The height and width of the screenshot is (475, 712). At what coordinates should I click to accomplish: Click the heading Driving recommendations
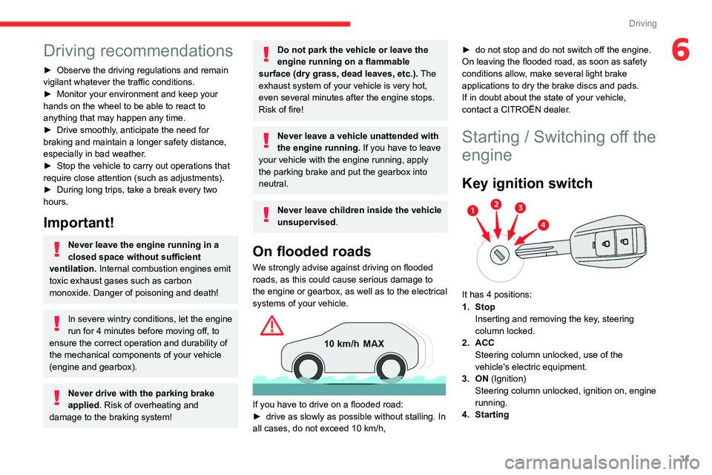pos(138,50)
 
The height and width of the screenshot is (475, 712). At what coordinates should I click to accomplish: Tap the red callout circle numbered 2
pos(496,204)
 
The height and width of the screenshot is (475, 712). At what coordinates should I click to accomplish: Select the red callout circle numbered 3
pos(521,209)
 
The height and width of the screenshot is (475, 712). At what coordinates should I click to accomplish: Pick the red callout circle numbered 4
pos(543,224)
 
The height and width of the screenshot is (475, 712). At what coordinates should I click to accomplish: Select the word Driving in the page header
pos(642,24)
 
